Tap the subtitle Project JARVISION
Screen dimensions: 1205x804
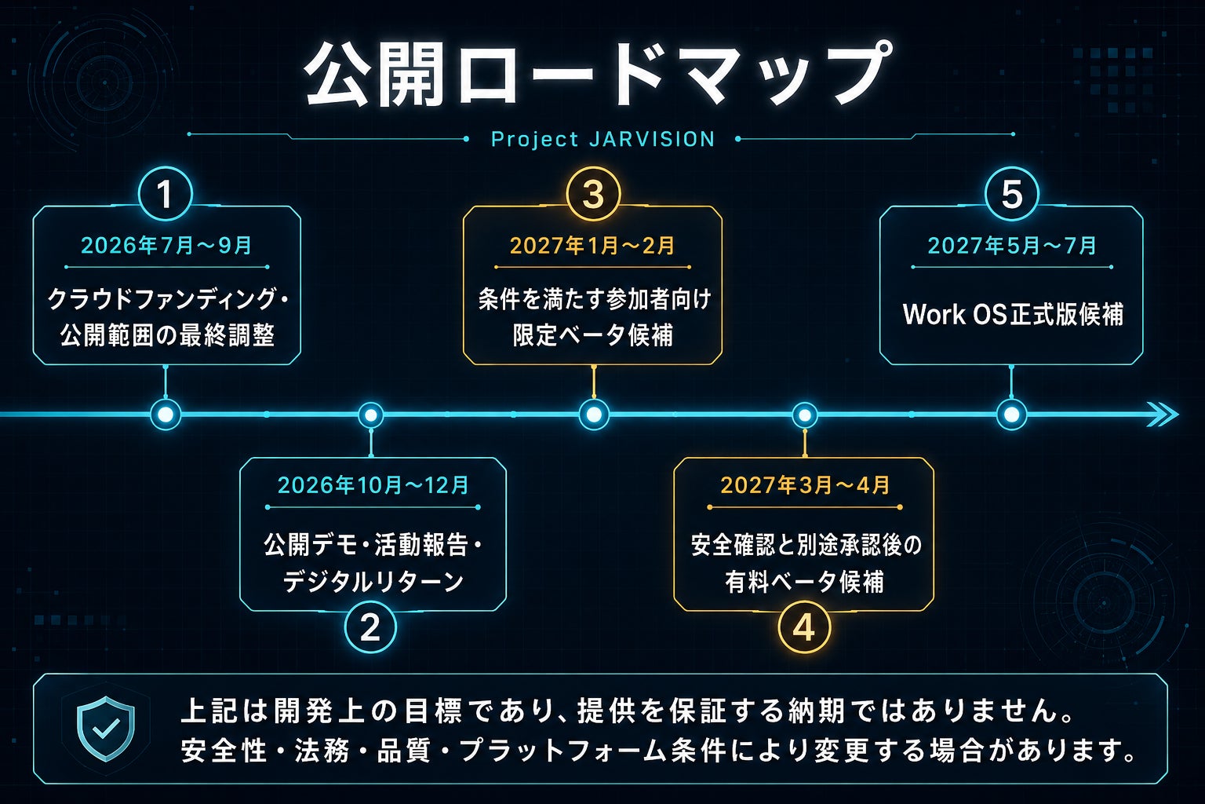click(x=603, y=140)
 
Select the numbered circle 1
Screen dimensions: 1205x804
click(x=166, y=194)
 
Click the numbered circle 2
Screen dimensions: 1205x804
click(x=370, y=627)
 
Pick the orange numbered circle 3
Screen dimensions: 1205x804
click(x=593, y=194)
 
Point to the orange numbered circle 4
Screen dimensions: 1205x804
click(x=804, y=627)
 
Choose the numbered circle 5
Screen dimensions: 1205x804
click(x=1011, y=194)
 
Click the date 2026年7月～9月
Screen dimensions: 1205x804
click(x=166, y=246)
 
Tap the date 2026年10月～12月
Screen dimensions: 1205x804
click(x=373, y=486)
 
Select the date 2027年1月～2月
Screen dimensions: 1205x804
click(x=592, y=246)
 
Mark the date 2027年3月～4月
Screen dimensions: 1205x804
click(x=805, y=486)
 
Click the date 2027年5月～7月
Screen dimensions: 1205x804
click(x=1011, y=246)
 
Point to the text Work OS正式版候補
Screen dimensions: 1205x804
click(x=1013, y=314)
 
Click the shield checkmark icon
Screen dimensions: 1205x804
click(x=105, y=729)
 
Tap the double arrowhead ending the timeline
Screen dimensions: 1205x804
click(x=1162, y=415)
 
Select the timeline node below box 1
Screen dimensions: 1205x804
click(x=166, y=415)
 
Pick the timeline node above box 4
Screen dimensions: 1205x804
click(x=805, y=415)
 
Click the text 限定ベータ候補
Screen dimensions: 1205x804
click(x=593, y=335)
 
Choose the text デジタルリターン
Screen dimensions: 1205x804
click(x=373, y=582)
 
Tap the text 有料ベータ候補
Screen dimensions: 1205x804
click(x=804, y=582)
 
